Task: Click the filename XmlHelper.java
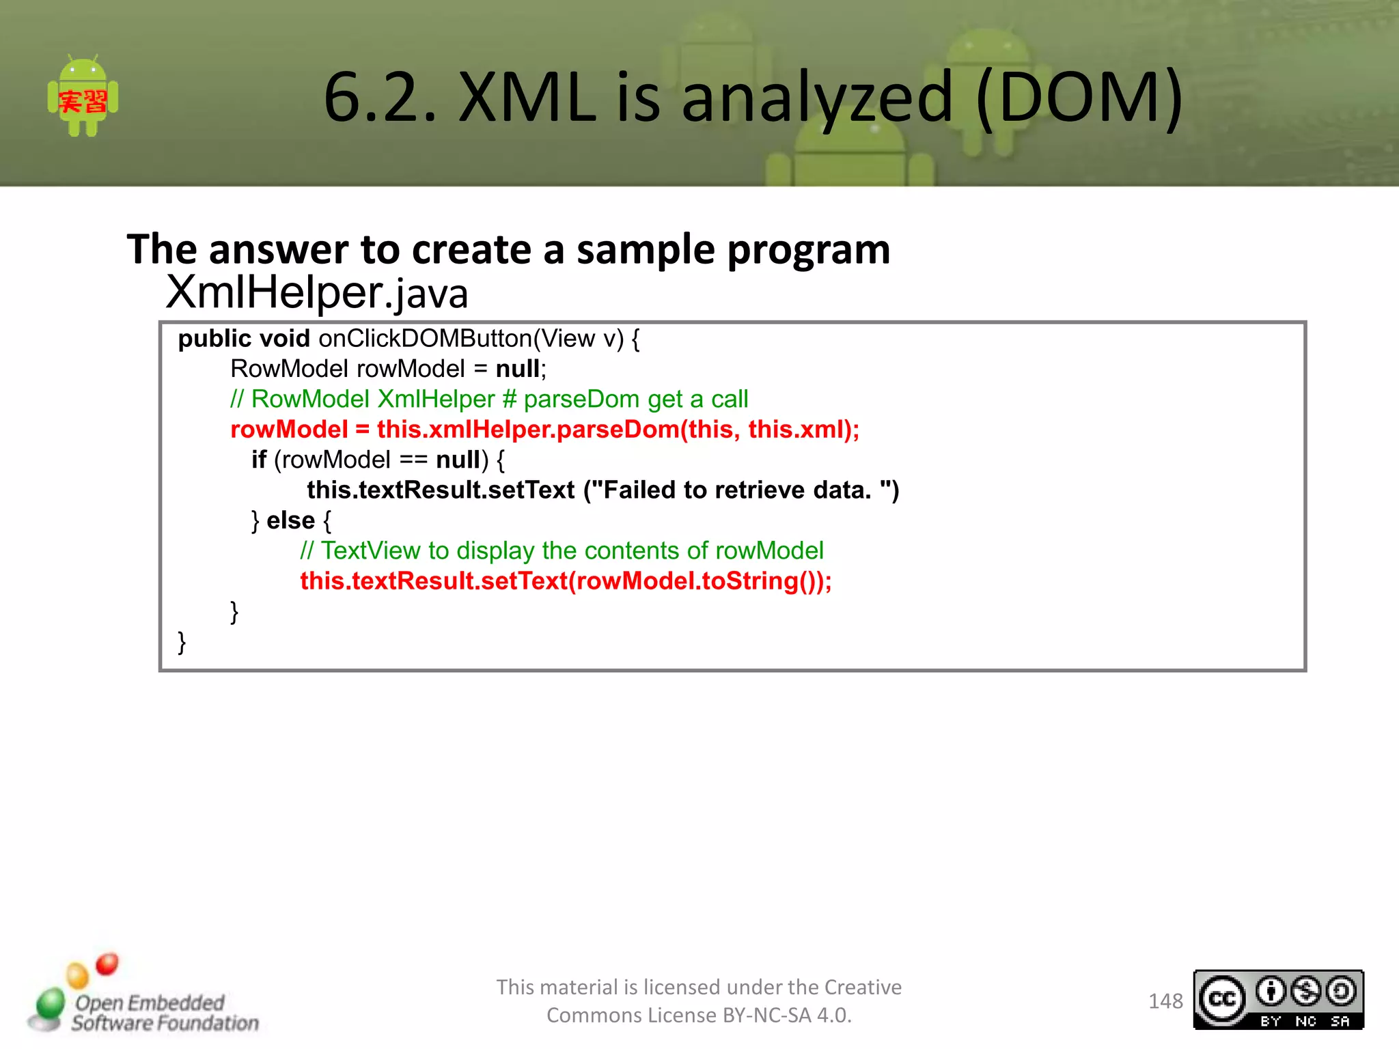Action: click(317, 292)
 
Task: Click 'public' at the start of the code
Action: click(214, 339)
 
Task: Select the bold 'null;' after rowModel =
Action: click(521, 369)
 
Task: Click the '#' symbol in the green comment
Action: click(509, 400)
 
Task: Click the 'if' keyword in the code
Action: click(258, 460)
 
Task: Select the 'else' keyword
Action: click(290, 520)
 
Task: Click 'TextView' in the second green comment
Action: click(370, 551)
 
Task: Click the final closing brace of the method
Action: click(182, 643)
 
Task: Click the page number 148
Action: click(1165, 1001)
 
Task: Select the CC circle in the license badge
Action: click(1222, 999)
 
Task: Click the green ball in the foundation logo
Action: click(50, 1003)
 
